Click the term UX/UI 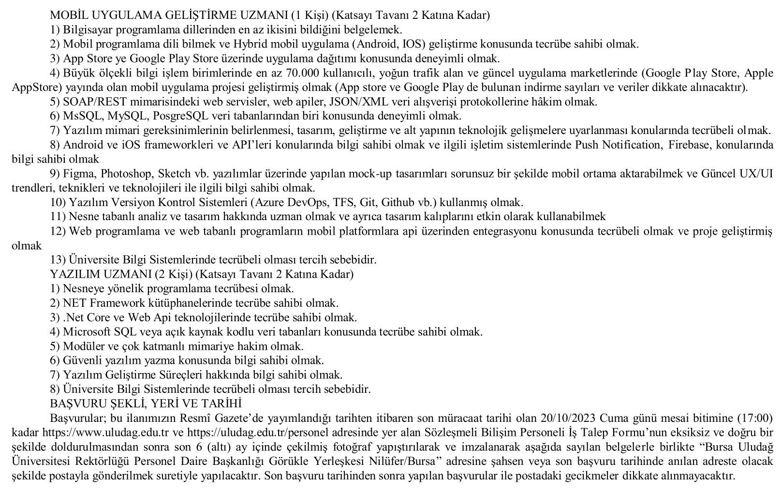click(757, 173)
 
